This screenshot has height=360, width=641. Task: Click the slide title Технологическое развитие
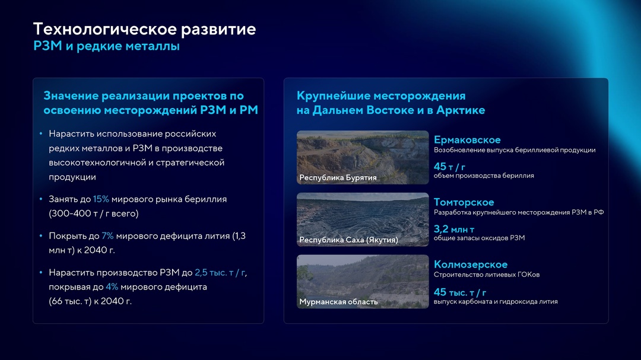point(144,29)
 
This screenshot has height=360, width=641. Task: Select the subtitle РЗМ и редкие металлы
point(106,46)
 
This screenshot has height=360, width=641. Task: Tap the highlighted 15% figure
point(101,199)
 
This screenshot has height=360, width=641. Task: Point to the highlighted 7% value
point(107,236)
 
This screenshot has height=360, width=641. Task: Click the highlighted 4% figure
point(112,287)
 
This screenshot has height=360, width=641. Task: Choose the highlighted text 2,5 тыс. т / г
point(220,273)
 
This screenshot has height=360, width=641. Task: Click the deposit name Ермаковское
point(467,140)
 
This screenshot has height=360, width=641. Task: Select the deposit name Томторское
point(464,202)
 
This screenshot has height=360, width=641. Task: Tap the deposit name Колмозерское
point(471,265)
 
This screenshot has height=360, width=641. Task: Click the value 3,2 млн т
point(454,230)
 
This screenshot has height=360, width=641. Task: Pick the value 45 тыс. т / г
point(460,292)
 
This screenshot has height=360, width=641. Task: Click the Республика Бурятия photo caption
point(338,177)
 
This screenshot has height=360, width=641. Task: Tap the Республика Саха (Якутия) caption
point(348,240)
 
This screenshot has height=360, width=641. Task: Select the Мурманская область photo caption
point(338,302)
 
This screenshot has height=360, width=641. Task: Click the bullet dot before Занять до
point(41,200)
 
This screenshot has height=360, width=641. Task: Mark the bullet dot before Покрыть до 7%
point(41,237)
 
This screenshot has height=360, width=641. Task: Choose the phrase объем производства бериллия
point(484,176)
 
